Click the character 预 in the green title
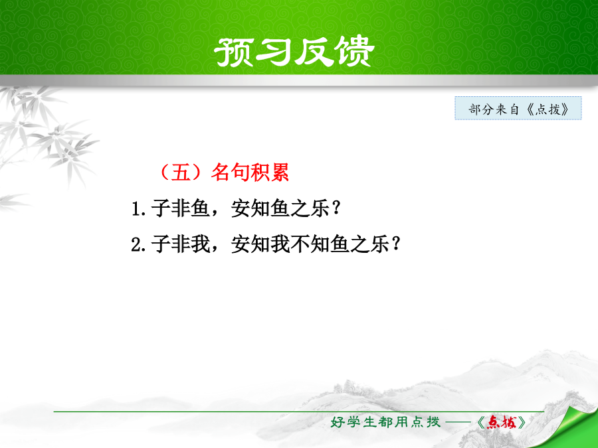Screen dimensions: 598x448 pos(234,52)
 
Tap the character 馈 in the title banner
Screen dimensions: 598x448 pos(353,52)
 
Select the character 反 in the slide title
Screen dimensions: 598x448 pos(314,52)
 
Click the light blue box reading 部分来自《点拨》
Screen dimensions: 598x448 pos(518,109)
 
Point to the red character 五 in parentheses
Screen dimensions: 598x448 pos(181,172)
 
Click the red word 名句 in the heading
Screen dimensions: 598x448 pos(230,172)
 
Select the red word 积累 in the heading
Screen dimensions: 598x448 pos(270,172)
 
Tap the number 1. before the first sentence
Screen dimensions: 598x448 pos(138,209)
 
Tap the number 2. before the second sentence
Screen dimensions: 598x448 pos(138,244)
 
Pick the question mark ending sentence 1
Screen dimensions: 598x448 pos(336,208)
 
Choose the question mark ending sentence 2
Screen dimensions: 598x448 pos(396,244)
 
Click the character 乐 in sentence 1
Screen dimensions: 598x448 pos(320,209)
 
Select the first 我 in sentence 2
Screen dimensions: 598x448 pos(201,244)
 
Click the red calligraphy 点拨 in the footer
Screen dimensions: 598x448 pos(502,422)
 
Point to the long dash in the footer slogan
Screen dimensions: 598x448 pos(458,422)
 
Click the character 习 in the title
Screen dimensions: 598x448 pos(274,52)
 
